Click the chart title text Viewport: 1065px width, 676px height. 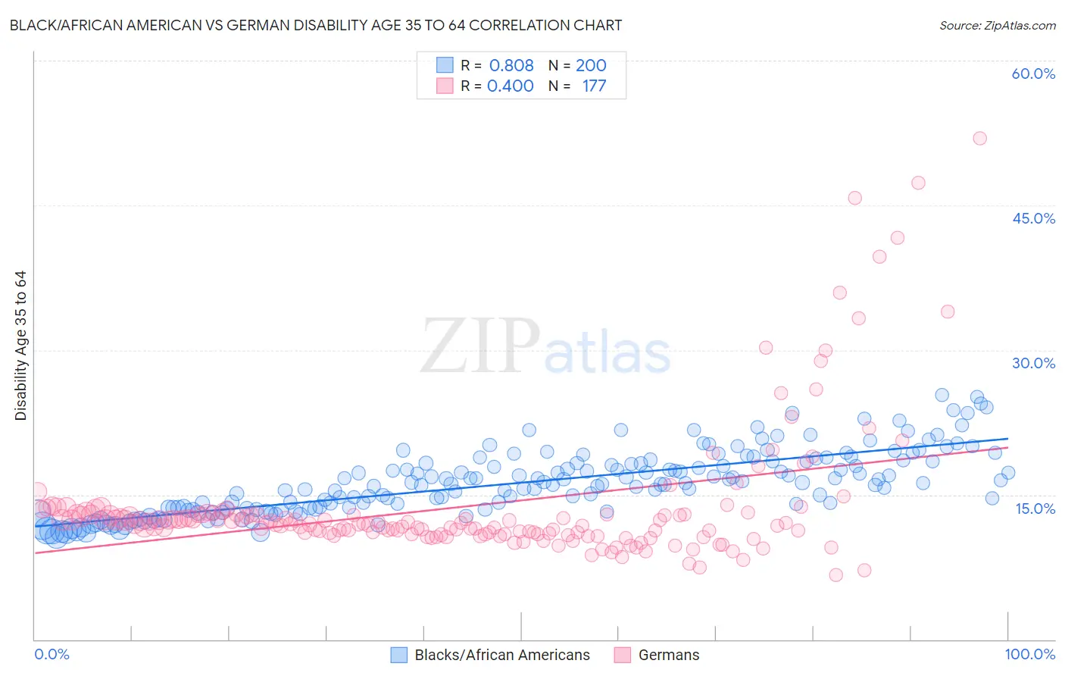pos(316,25)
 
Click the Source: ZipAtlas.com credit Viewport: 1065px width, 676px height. pos(997,25)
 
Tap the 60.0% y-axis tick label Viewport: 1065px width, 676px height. pos(1033,74)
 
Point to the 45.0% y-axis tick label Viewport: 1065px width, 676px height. pos(1033,218)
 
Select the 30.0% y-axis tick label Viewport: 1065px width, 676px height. pos(1033,363)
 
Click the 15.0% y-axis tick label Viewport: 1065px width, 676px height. pos(1035,508)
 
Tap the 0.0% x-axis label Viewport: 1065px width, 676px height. pos(52,654)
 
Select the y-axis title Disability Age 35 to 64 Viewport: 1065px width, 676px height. pos(20,346)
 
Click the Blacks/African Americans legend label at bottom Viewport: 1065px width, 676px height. pos(502,655)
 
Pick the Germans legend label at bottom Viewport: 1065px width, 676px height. pos(669,655)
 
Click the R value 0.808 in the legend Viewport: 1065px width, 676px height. pos(511,65)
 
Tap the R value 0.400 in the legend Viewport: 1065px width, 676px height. pos(511,86)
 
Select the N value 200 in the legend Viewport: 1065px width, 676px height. pos(591,65)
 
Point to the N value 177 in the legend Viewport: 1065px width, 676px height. pos(594,86)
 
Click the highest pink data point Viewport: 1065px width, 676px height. pos(979,138)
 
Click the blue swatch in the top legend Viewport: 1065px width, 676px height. pos(445,65)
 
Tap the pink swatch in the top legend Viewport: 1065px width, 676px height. pos(445,86)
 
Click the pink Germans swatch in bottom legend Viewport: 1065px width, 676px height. pos(623,655)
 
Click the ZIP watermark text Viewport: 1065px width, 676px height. pos(480,346)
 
